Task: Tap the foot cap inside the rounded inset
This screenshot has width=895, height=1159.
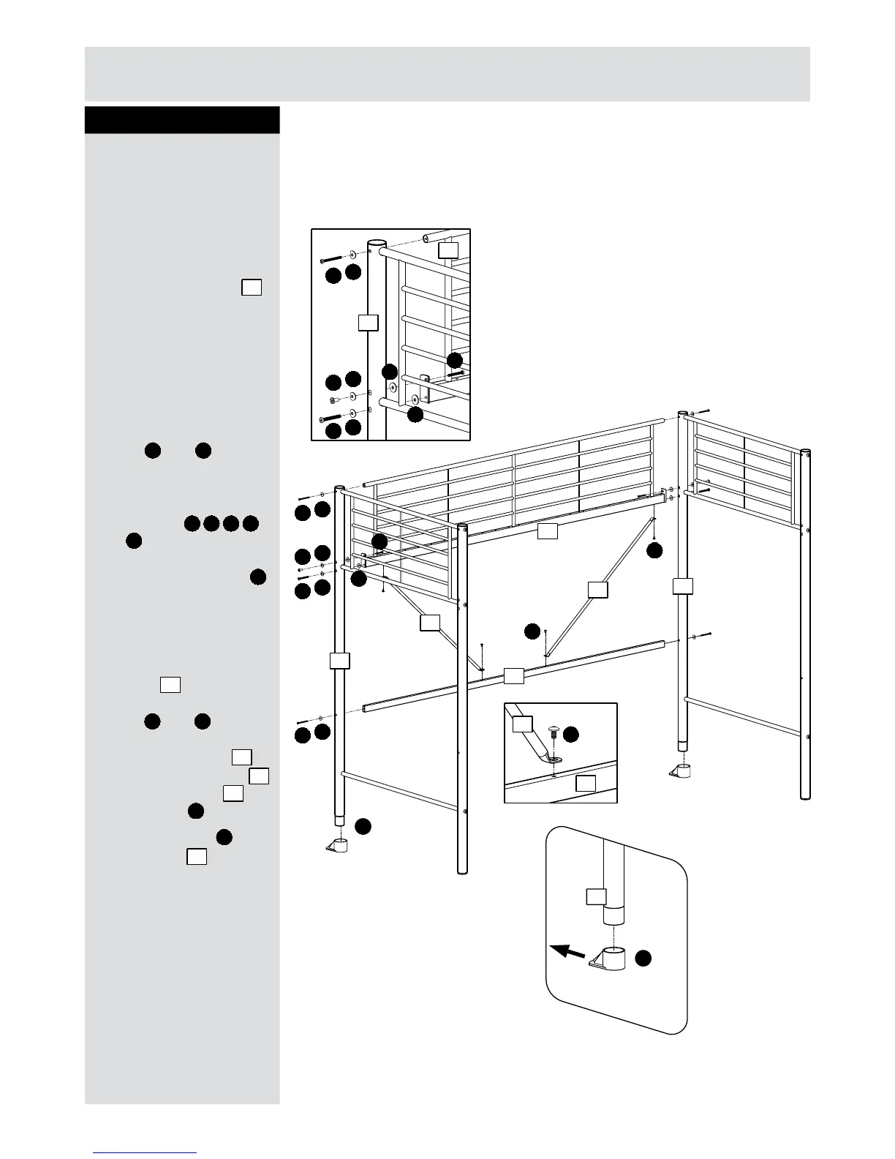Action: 611,960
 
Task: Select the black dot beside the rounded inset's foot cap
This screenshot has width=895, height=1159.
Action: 643,959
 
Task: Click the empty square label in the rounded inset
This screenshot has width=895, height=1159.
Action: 597,896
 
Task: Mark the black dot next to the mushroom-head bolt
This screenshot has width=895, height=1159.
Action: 571,733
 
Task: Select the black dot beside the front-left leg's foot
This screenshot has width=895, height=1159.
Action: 363,827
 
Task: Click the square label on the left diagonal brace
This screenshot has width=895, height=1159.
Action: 430,623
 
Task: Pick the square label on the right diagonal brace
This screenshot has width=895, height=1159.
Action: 597,589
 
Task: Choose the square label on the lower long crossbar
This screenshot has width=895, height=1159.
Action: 514,675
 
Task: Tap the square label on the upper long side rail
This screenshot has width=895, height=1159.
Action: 547,532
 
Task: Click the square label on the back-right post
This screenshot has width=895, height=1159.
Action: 682,586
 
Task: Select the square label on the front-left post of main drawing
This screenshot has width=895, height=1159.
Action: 339,660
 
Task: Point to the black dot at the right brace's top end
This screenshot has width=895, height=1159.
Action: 654,550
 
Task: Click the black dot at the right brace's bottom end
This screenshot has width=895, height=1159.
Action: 534,631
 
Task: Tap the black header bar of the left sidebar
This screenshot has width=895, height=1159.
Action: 182,120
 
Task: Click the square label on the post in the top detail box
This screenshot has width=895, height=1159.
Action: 369,322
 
